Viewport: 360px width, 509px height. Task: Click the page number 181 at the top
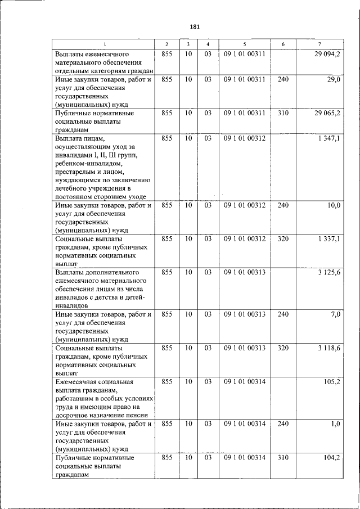point(195,26)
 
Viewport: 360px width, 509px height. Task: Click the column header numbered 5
point(244,44)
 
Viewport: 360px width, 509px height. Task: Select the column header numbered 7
point(320,44)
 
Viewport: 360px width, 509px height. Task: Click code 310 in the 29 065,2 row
point(283,112)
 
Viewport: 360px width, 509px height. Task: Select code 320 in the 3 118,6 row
point(283,348)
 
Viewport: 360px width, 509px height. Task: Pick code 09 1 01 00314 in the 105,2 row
point(244,382)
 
